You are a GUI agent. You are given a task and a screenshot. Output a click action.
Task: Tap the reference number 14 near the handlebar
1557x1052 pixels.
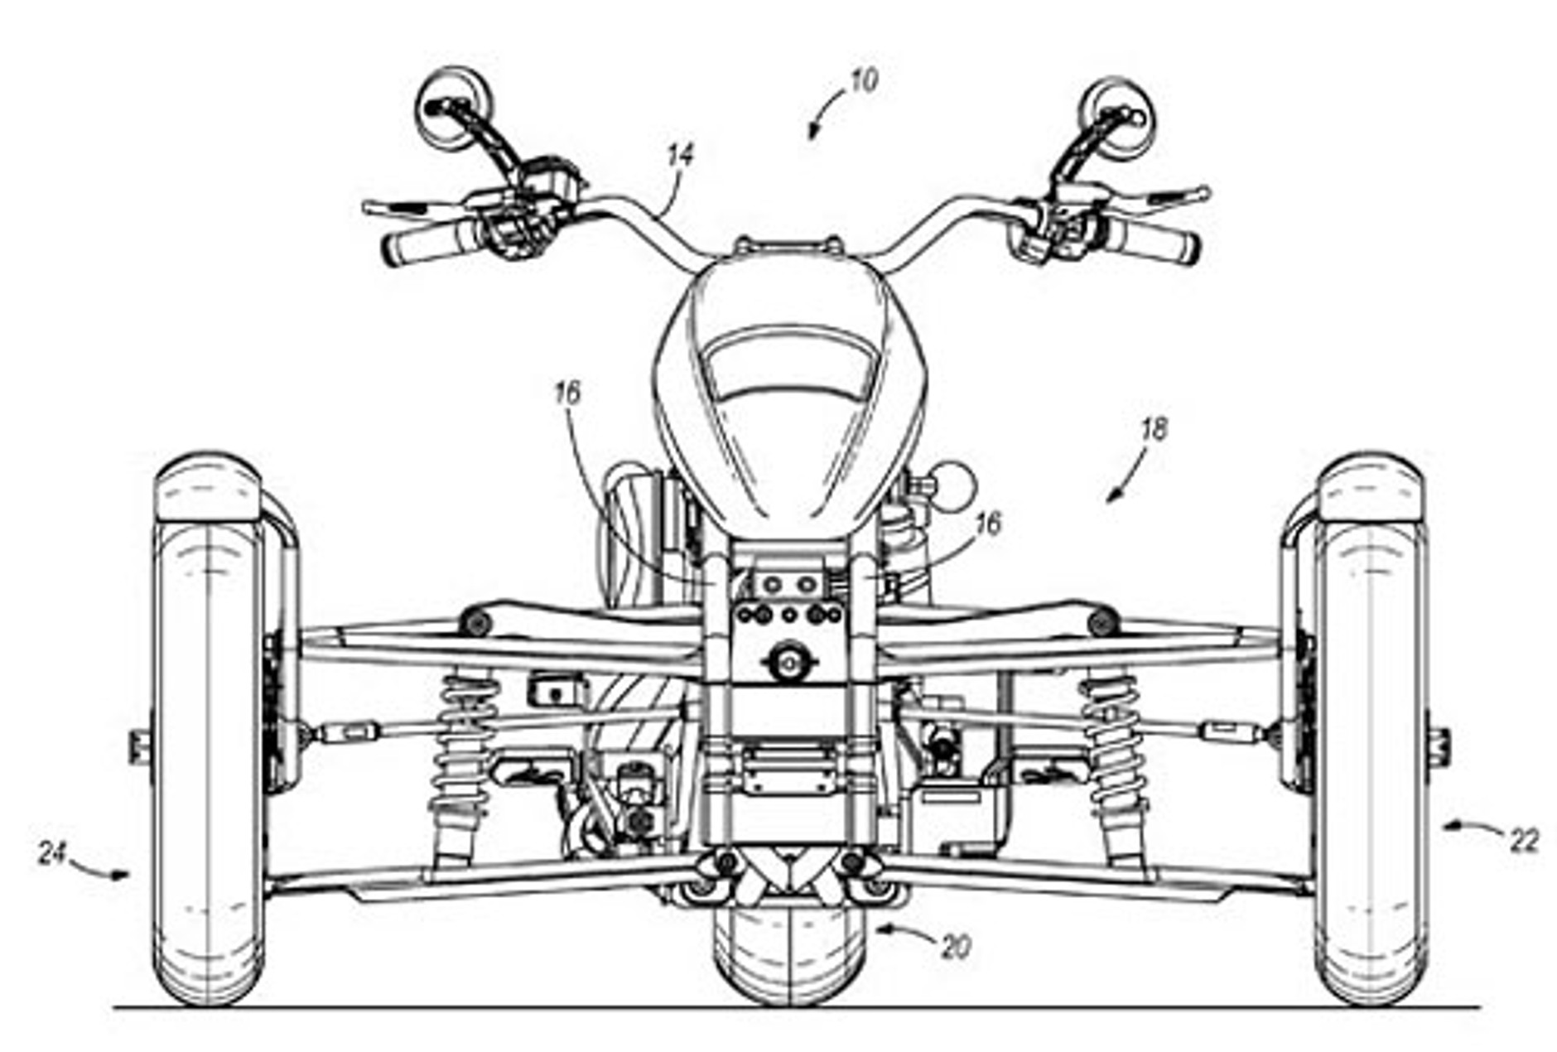tap(681, 156)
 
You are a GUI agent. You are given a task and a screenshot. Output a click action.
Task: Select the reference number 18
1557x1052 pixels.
tap(1154, 429)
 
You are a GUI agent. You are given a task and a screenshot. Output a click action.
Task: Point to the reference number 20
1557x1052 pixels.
tap(957, 947)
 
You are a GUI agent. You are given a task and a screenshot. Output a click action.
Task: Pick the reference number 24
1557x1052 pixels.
tap(52, 853)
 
